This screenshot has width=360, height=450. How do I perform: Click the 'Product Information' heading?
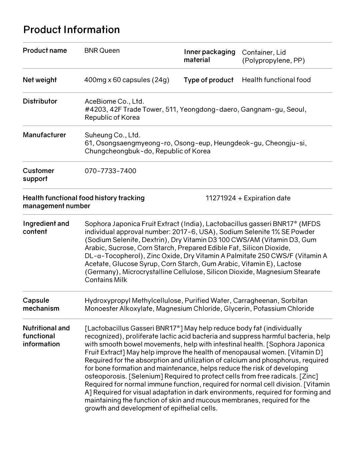[71, 30]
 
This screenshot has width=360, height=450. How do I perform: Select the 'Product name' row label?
[45, 51]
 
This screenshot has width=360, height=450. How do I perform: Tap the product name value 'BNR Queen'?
[102, 51]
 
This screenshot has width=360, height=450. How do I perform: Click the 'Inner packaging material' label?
[209, 56]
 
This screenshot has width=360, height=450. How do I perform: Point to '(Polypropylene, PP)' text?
[273, 61]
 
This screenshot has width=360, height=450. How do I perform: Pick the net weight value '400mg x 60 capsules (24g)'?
[127, 80]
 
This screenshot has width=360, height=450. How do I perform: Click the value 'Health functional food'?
[276, 80]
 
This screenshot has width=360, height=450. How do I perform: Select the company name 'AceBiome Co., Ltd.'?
[114, 101]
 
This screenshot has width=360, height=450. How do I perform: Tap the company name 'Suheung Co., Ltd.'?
[112, 135]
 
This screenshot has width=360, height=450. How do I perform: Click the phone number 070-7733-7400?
[110, 171]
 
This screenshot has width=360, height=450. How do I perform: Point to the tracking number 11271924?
[221, 198]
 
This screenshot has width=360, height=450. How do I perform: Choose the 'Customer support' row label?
[38, 175]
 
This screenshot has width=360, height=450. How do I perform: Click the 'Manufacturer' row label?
[44, 135]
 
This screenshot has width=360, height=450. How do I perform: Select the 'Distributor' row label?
[40, 101]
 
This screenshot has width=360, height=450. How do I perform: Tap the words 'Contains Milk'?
[106, 280]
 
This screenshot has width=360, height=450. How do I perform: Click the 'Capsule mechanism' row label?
[41, 304]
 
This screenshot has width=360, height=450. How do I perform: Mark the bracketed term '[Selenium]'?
[146, 376]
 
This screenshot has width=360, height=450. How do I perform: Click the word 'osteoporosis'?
[105, 376]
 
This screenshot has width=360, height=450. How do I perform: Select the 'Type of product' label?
[208, 80]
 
